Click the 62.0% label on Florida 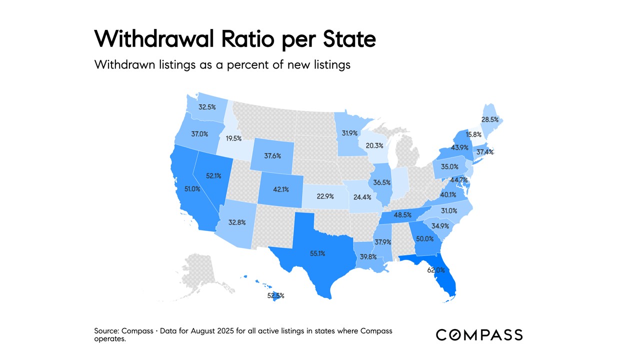435,270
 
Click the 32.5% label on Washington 207,107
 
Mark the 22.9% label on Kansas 325,196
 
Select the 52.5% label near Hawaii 275,295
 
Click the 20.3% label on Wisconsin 374,145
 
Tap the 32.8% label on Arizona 236,222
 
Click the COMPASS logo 479,334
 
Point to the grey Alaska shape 202,272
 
